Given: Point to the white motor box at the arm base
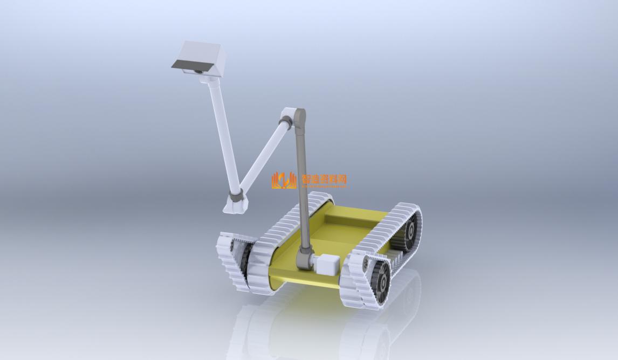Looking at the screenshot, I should click(x=328, y=265).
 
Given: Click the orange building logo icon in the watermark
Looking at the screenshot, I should click(x=284, y=180).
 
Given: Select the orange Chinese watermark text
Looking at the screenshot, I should click(x=324, y=179).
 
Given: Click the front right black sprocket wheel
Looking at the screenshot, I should click(x=382, y=280).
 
